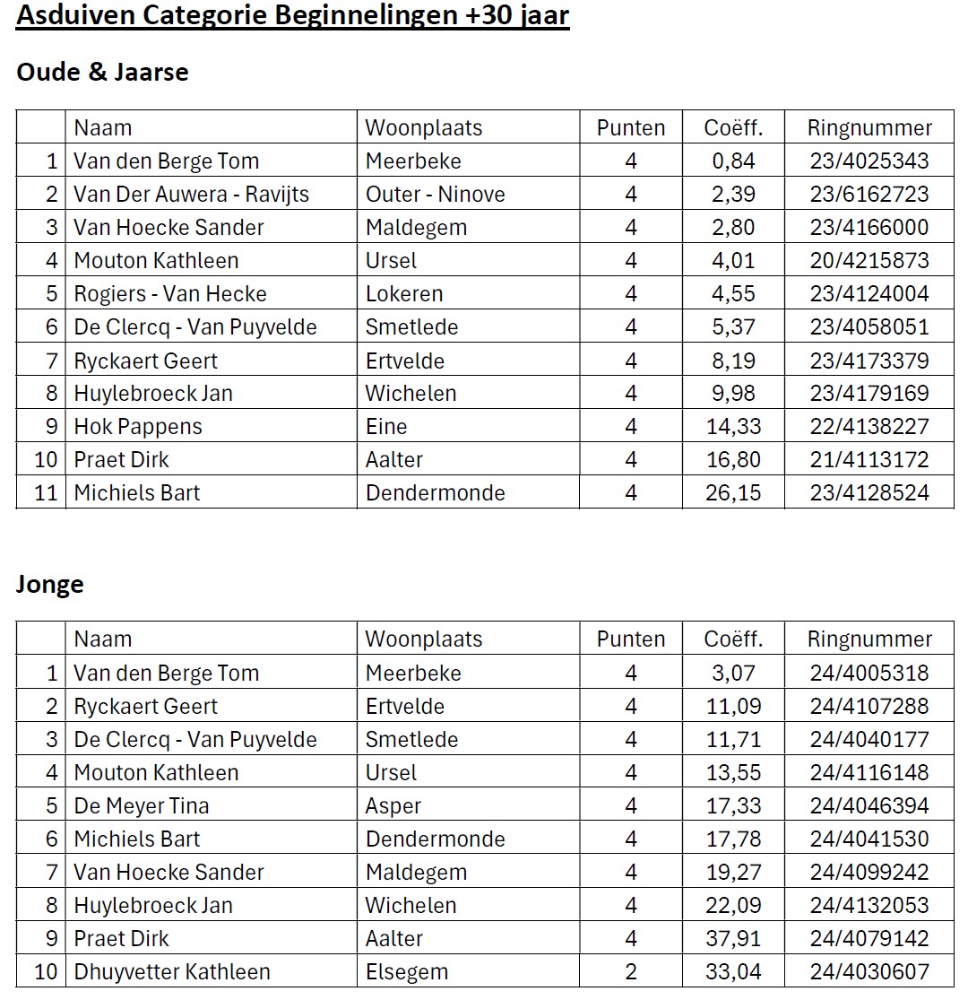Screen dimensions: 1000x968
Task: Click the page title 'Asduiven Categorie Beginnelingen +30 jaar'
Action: (292, 17)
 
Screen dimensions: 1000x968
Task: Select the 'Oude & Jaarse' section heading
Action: (102, 73)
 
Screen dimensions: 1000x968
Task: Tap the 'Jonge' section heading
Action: (50, 585)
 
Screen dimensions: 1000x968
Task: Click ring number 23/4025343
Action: (869, 161)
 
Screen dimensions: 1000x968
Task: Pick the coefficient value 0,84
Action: (733, 161)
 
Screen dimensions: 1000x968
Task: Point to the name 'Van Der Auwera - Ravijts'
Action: (191, 195)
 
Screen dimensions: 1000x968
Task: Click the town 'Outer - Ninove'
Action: (435, 195)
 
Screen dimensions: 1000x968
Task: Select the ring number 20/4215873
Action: (869, 261)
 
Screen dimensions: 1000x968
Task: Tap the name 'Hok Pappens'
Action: (138, 427)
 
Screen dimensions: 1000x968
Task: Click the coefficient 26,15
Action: (733, 493)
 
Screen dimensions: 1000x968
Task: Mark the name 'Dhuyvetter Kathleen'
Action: (172, 972)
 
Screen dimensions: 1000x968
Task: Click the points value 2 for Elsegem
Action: (631, 972)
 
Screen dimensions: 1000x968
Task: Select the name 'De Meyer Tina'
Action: (142, 806)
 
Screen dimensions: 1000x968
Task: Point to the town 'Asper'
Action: (393, 806)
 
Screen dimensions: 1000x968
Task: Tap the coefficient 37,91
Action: (733, 939)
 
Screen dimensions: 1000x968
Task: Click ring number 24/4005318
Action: (869, 674)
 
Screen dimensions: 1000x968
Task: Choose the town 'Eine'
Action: (386, 427)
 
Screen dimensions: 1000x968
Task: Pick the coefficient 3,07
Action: (733, 674)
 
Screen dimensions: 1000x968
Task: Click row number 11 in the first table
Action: (46, 493)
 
